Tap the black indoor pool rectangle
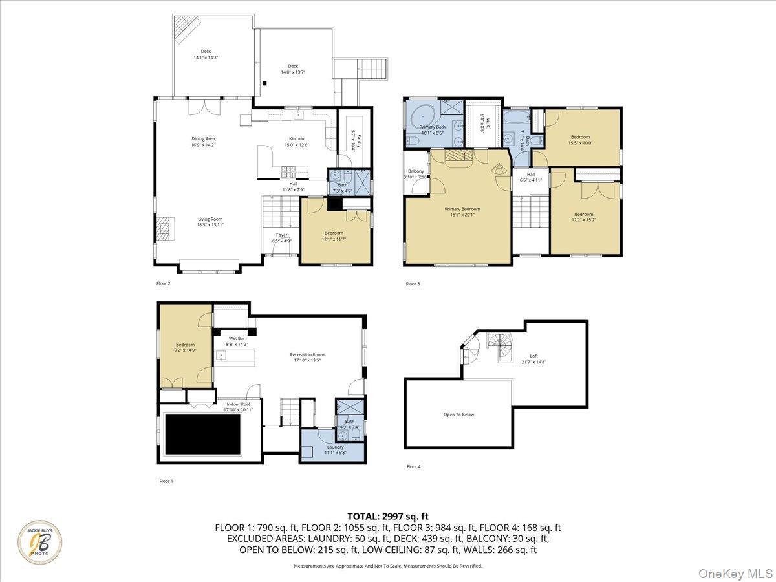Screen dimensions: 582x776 203,434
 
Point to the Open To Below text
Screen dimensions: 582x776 458,415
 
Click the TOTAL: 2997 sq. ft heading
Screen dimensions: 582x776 388,516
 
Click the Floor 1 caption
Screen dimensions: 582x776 167,481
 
